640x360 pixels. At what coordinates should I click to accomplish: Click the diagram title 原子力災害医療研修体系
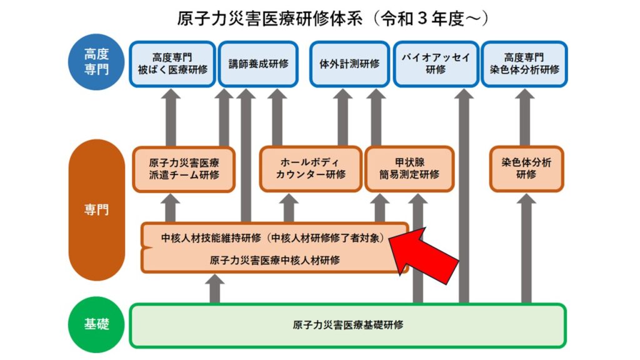[x=269, y=19]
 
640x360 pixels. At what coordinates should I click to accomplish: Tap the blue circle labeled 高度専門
[x=96, y=62]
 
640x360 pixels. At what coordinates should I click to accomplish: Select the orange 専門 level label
[x=96, y=209]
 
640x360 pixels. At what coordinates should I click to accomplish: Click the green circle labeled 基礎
[x=96, y=324]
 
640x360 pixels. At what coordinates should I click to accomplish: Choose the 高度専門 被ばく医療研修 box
[x=172, y=64]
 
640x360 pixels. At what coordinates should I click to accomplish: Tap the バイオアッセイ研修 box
[x=436, y=64]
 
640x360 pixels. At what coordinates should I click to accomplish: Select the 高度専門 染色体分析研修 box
[x=524, y=64]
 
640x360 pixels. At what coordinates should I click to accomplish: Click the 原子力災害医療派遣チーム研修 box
[x=184, y=169]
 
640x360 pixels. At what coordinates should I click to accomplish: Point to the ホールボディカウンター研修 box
[x=311, y=169]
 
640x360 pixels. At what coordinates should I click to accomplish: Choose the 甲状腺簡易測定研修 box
[x=409, y=169]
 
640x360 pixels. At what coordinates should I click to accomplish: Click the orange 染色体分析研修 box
[x=526, y=169]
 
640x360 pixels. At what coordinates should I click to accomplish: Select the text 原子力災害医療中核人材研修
[x=275, y=260]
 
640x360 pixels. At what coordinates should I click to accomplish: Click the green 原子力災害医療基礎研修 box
[x=347, y=325]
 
